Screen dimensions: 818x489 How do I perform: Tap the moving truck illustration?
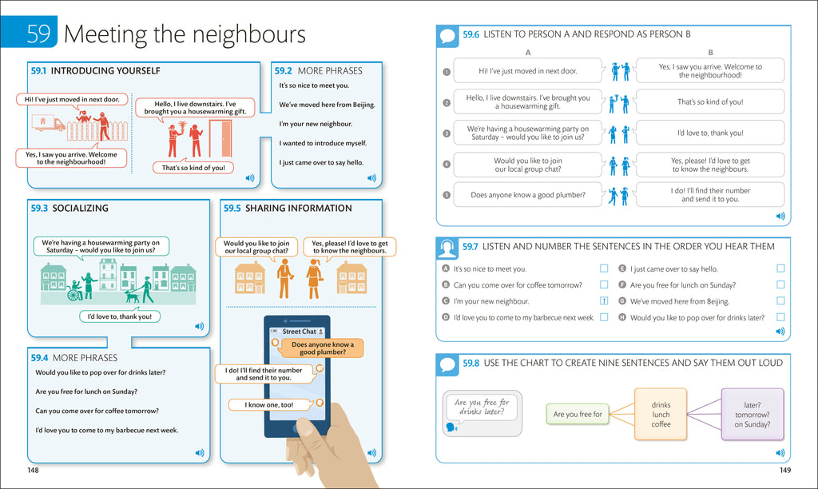(48, 123)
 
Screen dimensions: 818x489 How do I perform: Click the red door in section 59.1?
(221, 138)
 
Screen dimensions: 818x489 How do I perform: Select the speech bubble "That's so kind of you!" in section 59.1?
(193, 168)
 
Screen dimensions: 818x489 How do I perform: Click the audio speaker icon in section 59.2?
(371, 178)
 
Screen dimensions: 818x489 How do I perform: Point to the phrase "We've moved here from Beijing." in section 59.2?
(327, 105)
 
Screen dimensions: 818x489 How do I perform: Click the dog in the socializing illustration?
(133, 296)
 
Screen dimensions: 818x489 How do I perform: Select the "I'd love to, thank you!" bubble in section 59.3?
(120, 316)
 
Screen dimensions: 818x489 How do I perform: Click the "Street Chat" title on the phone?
(299, 332)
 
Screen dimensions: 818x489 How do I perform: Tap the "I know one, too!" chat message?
(270, 404)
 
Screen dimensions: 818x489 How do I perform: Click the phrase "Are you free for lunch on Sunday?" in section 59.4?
(86, 392)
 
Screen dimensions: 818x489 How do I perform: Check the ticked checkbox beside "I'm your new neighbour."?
(604, 300)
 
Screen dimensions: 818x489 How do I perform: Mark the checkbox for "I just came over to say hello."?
(780, 268)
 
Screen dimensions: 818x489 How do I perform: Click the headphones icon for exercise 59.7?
(447, 248)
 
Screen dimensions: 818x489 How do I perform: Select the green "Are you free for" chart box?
(578, 414)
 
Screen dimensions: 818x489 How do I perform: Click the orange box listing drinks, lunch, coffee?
(661, 415)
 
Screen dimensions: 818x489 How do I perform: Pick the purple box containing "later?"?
(752, 415)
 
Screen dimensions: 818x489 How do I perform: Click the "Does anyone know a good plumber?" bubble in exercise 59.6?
(528, 195)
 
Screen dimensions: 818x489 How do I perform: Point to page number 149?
(785, 470)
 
